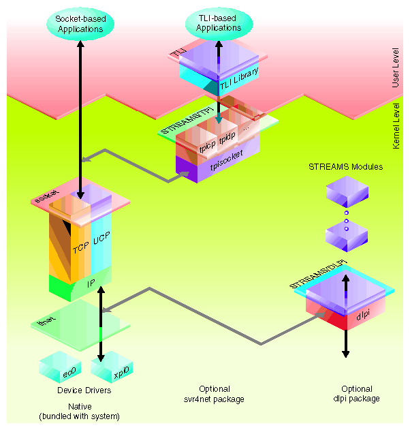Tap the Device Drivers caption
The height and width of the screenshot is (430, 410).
click(x=84, y=391)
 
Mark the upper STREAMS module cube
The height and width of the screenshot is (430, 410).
click(x=346, y=194)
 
